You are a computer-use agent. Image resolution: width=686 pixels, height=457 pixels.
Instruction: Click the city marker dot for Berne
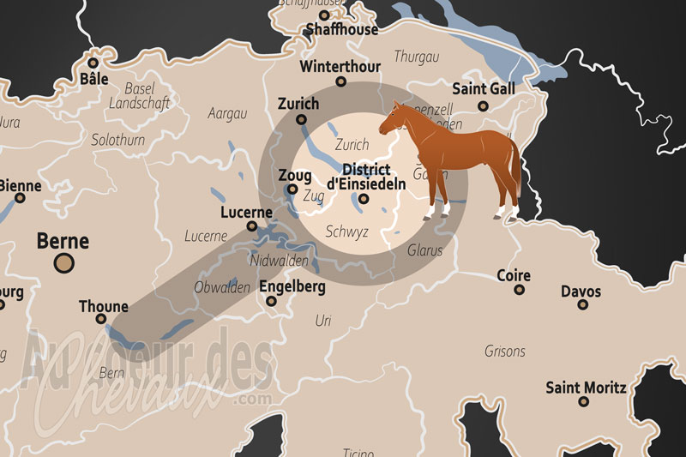(x=63, y=263)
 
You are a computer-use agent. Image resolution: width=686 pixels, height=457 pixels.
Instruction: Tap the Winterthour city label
(x=340, y=66)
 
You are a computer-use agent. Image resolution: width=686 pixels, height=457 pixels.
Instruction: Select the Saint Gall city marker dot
(x=483, y=106)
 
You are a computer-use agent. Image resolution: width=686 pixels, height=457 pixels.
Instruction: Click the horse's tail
(x=516, y=167)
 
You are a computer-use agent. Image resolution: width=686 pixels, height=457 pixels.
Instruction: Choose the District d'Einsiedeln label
(x=364, y=176)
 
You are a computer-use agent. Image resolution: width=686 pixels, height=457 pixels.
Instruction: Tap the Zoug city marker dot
(x=292, y=189)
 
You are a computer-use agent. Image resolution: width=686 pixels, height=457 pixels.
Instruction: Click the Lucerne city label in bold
(x=245, y=212)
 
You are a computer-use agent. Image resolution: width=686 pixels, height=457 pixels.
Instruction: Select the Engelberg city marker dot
(x=271, y=301)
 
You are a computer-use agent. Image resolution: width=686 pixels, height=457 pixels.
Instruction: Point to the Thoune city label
(x=103, y=306)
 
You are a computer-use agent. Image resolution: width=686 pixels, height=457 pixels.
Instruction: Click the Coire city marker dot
(x=519, y=290)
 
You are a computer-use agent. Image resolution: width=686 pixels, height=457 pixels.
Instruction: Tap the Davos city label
(x=581, y=292)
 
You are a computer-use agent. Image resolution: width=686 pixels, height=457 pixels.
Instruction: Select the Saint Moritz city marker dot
(x=587, y=401)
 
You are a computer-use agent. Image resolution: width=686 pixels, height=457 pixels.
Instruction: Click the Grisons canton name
(x=505, y=351)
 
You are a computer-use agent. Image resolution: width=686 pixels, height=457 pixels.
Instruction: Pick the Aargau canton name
(x=228, y=113)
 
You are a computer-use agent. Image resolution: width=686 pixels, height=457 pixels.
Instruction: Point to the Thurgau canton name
(x=415, y=57)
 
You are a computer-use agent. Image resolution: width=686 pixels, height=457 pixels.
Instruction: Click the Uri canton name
(x=323, y=321)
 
